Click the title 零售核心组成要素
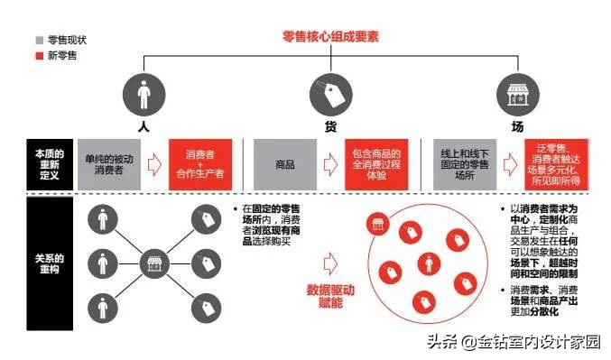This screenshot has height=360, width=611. coord(330,37)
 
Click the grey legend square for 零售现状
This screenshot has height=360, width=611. coord(39,41)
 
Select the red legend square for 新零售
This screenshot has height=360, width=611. coord(39,56)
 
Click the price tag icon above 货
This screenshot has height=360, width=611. coord(330,94)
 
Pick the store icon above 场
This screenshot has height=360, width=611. coord(517,94)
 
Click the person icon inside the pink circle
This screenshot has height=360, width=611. coord(425,263)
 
